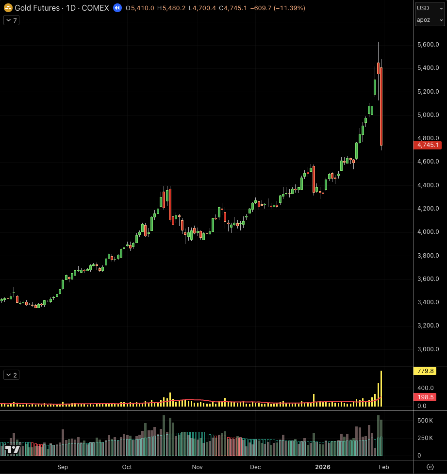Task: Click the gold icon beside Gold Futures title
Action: coord(8,8)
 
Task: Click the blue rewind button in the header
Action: coord(117,8)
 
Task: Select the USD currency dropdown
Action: coord(430,8)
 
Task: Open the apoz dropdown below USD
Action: coord(430,20)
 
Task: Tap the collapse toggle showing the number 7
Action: coord(11,20)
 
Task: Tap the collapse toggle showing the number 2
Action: coord(11,375)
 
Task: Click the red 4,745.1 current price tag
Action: coord(427,145)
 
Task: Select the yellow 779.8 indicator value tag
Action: coord(425,371)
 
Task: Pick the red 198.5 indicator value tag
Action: coord(425,397)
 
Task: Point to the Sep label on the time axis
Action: coord(63,467)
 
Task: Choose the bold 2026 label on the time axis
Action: coord(323,467)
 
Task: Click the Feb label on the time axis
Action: coord(383,467)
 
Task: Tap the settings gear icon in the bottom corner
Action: coord(430,467)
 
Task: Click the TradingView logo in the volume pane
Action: coord(13,449)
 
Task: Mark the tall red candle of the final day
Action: coord(381,107)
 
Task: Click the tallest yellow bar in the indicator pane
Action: coord(381,388)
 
